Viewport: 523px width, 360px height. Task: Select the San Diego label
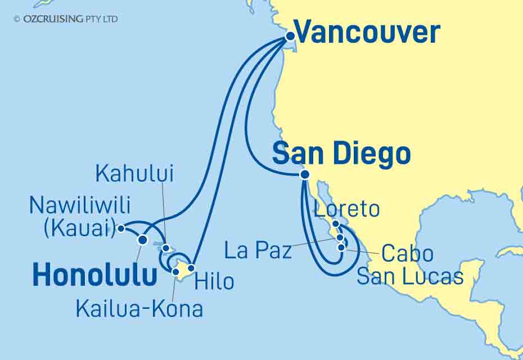[x=341, y=154]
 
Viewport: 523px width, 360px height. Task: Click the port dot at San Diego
[x=304, y=174]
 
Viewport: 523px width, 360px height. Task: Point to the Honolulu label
[x=94, y=276]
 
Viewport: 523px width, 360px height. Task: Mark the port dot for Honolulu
[x=142, y=240]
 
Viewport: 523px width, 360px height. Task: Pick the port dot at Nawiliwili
[x=121, y=228]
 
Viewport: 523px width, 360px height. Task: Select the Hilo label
[x=214, y=281]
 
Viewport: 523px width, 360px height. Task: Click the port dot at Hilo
[x=191, y=268]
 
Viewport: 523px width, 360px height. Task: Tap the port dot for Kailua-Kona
[x=175, y=272]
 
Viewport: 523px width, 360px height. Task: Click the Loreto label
[x=347, y=209]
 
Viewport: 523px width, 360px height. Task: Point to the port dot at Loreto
[x=335, y=224]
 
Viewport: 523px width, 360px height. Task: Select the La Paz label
[x=258, y=250]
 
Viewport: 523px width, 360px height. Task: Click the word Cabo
[x=407, y=254]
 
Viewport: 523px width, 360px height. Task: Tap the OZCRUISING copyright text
[x=66, y=19]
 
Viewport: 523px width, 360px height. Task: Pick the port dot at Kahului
[x=166, y=247]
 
